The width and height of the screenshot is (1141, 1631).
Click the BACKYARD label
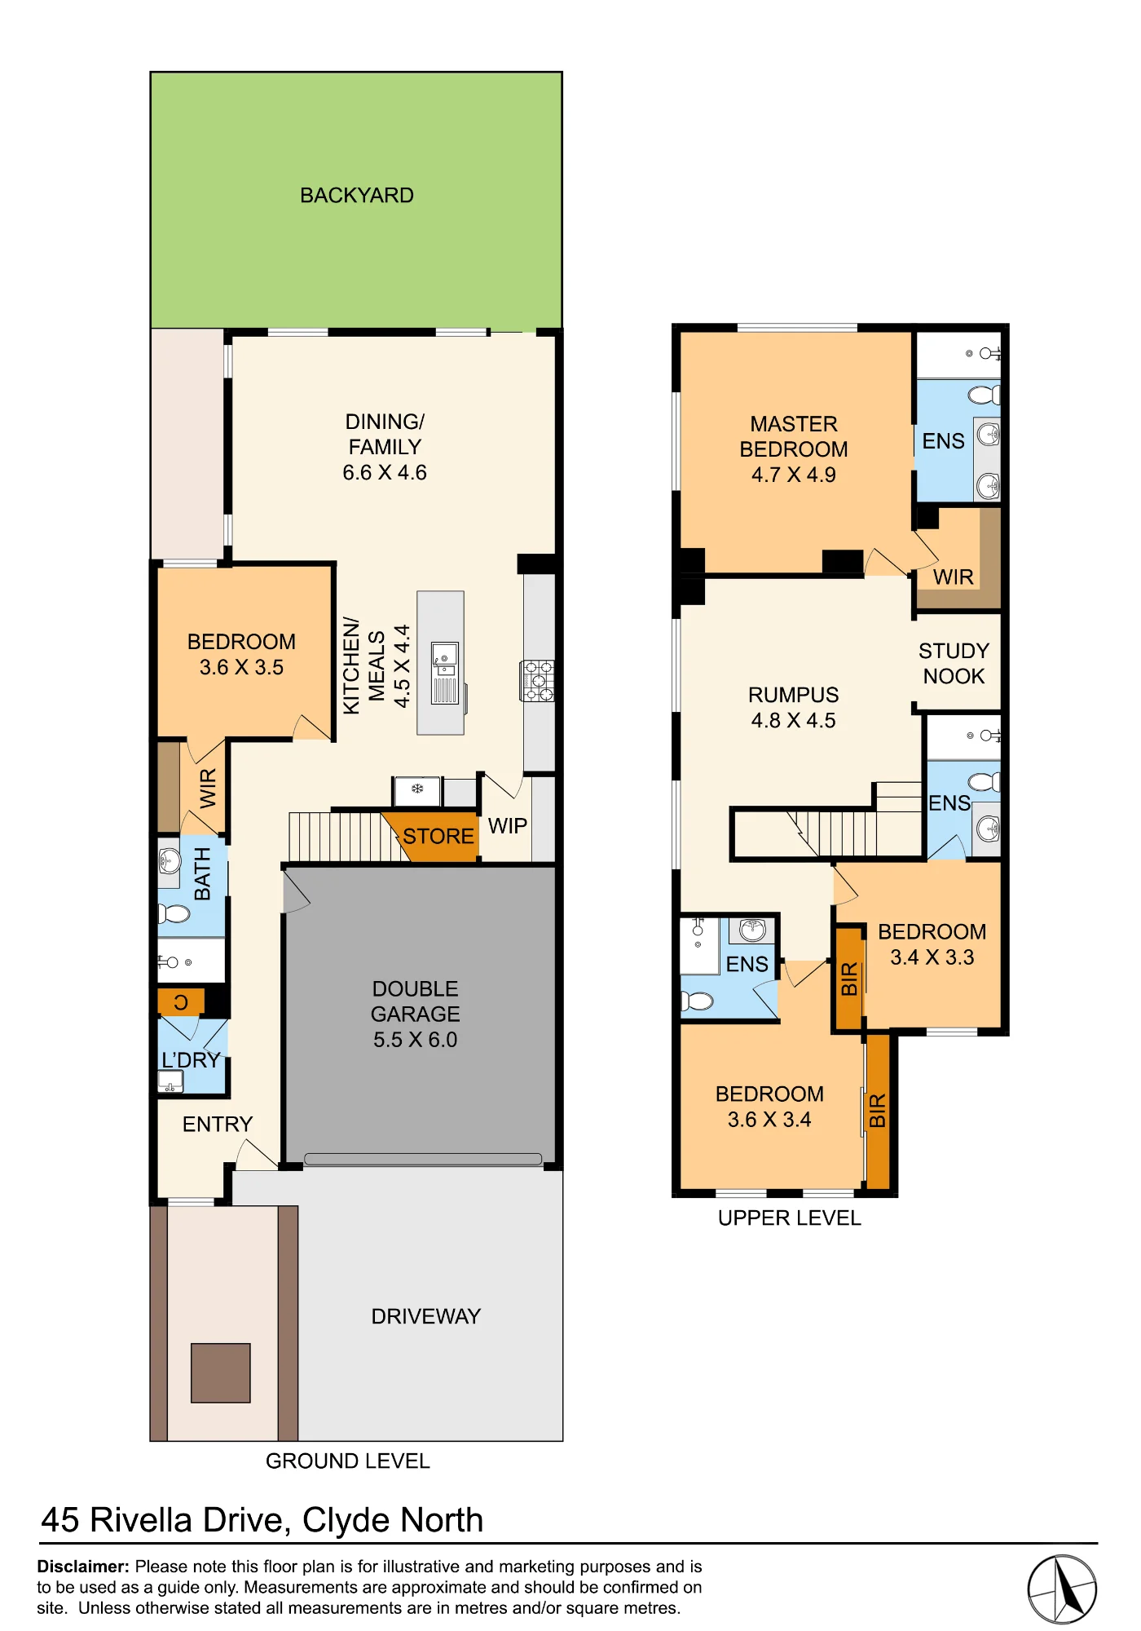(x=357, y=196)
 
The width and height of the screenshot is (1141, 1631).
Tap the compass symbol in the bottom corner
(x=1062, y=1589)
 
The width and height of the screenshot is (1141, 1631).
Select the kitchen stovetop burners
(x=537, y=681)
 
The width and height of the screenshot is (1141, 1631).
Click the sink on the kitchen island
(x=445, y=658)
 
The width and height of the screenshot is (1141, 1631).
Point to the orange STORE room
(x=432, y=837)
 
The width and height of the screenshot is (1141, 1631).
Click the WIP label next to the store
(x=508, y=826)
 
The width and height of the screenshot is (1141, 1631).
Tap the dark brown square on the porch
(x=221, y=1373)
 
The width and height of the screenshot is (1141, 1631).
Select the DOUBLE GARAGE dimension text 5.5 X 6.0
(x=416, y=1040)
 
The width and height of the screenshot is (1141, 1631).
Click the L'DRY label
(x=192, y=1060)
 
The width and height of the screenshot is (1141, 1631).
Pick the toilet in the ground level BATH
(x=174, y=913)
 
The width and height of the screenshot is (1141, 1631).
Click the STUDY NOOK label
(x=954, y=664)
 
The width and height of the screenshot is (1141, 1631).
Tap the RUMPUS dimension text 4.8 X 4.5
(x=794, y=721)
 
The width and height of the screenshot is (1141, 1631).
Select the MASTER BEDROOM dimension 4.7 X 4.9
(x=794, y=475)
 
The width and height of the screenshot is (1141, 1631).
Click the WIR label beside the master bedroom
(x=954, y=577)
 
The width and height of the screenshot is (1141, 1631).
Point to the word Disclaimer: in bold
(x=83, y=1567)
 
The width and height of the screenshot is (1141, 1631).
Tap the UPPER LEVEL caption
(x=790, y=1218)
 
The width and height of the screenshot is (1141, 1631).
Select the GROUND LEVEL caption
(x=348, y=1461)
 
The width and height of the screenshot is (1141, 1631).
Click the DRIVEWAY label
(x=426, y=1317)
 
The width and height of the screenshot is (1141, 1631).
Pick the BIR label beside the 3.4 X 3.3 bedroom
(x=849, y=979)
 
